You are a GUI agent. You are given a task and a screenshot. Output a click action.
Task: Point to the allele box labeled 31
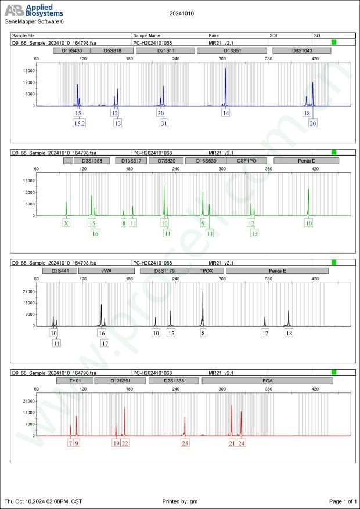pyautogui.click(x=164, y=124)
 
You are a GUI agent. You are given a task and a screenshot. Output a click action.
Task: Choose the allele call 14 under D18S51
pyautogui.click(x=225, y=114)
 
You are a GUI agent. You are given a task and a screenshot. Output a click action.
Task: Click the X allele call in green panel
pyautogui.click(x=67, y=223)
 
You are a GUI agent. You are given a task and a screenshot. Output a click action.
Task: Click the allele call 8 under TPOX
pyautogui.click(x=203, y=333)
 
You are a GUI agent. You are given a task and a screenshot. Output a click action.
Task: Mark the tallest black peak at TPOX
pyautogui.click(x=203, y=290)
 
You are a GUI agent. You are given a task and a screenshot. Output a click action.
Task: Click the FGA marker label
pyautogui.click(x=268, y=381)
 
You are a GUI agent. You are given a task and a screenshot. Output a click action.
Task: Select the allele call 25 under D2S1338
pyautogui.click(x=185, y=443)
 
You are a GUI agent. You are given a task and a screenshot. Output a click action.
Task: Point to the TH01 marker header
pyautogui.click(x=75, y=381)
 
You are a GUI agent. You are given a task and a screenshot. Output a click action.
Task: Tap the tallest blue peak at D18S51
pyautogui.click(x=225, y=70)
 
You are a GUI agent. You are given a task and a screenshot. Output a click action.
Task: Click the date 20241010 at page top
pyautogui.click(x=182, y=13)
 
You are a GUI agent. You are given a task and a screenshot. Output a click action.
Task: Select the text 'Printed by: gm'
pyautogui.click(x=181, y=501)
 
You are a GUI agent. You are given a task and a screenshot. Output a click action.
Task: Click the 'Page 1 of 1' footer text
pyautogui.click(x=342, y=501)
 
